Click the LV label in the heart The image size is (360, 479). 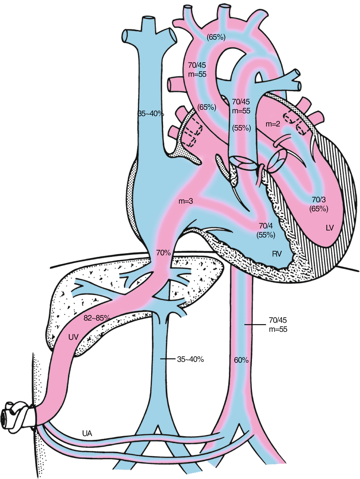tap(330, 228)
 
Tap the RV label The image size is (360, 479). tap(277, 254)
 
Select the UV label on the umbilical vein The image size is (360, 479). tap(73, 337)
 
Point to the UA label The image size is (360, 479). tap(87, 433)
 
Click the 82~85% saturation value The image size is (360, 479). tap(97, 318)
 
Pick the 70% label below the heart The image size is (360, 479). tap(163, 253)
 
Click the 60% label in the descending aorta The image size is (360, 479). tap(241, 360)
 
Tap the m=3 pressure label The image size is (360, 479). tap(186, 201)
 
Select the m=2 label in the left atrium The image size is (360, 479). tap(273, 124)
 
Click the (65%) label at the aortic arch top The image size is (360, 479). tap(216, 37)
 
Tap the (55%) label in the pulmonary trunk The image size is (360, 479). tap(242, 128)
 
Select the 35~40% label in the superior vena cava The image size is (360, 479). tap(151, 114)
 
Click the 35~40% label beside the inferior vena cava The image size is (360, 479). tap(191, 359)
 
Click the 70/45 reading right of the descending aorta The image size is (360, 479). tap(278, 320)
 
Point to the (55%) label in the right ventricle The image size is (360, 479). tap(266, 235)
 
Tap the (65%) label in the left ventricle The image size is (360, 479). tap(319, 208)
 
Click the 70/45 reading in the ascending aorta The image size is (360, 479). tap(197, 65)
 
